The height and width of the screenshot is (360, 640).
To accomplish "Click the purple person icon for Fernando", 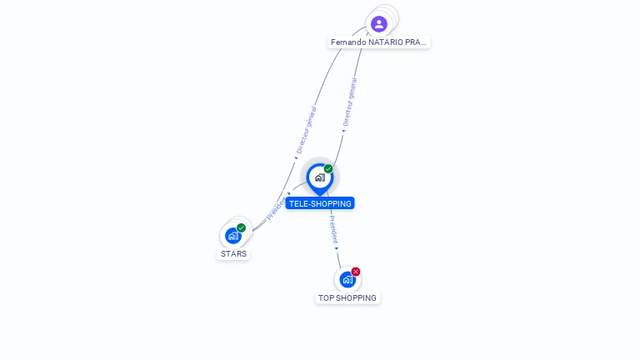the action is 379,23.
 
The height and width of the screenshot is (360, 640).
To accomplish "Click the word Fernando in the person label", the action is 348,42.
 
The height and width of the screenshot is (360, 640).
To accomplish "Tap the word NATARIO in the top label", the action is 386,42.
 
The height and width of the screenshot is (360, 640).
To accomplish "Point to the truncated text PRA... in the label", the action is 417,42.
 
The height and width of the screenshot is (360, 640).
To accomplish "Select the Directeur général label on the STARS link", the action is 307,128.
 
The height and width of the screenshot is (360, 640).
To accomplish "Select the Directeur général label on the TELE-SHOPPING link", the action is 351,102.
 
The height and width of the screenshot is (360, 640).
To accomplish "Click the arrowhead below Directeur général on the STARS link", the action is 296,155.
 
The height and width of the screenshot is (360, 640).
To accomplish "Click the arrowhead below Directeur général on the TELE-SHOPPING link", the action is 343,130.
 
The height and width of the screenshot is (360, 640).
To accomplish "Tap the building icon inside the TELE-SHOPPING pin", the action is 319,177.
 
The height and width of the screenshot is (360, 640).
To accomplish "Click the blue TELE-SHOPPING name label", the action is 320,203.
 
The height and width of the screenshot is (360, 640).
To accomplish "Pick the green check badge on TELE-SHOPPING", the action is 328,169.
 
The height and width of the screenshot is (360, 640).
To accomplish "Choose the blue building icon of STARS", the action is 232,236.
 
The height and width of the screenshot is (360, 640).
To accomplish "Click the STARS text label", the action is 233,253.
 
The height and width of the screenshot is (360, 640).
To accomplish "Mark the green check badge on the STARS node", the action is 241,227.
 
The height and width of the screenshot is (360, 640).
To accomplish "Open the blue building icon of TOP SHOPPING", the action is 347,280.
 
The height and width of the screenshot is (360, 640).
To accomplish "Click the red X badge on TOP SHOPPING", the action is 356,272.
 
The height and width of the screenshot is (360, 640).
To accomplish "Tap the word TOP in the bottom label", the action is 326,297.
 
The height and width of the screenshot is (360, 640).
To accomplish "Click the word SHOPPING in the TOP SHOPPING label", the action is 356,297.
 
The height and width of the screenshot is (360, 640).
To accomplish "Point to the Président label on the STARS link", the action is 275,210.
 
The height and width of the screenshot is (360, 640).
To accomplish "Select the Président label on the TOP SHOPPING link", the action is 333,229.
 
